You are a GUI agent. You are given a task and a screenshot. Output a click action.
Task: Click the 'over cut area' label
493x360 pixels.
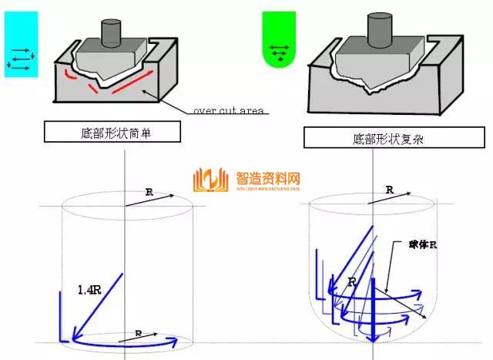point(228,111)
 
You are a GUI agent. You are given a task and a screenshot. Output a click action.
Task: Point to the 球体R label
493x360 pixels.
point(423,244)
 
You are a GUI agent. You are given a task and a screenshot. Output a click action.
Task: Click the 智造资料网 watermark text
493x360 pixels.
point(266,177)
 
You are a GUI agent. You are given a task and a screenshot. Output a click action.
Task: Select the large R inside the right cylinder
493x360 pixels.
point(351,283)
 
